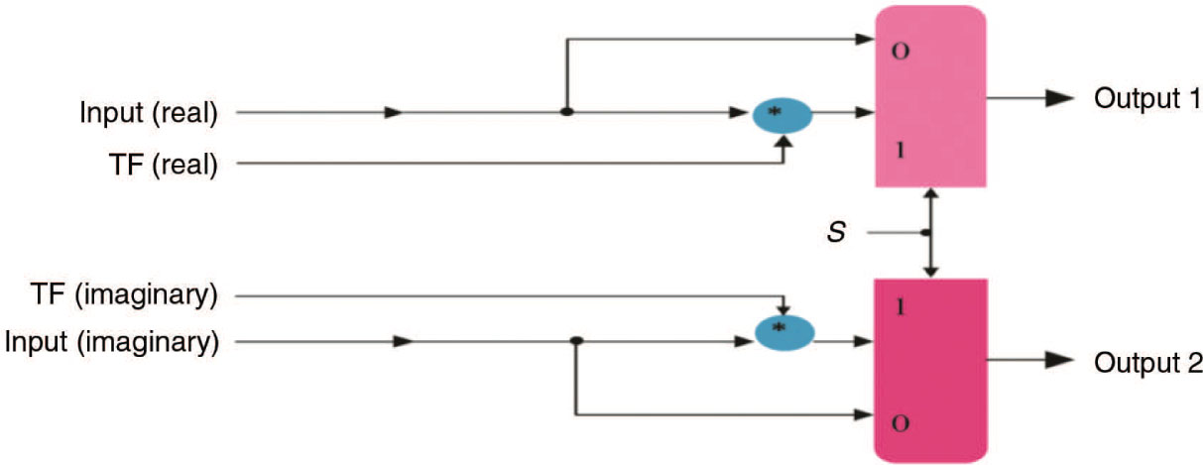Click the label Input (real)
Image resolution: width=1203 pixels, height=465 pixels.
(x=149, y=113)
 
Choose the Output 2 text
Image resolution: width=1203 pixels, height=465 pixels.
(x=1147, y=363)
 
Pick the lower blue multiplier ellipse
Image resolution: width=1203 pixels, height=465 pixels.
(x=784, y=332)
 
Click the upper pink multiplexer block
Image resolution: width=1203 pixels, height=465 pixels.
(x=930, y=96)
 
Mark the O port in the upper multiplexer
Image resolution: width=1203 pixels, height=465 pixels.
(x=900, y=52)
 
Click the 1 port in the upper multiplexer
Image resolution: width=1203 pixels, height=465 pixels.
(x=900, y=152)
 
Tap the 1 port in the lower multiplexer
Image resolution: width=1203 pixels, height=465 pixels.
(x=900, y=307)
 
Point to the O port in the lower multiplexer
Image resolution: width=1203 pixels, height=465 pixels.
(x=900, y=422)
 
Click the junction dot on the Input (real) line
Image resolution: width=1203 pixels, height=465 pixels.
(x=566, y=113)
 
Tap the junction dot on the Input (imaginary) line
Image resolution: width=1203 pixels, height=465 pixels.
(x=576, y=342)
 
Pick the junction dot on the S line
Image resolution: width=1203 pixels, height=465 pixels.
(x=926, y=234)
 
